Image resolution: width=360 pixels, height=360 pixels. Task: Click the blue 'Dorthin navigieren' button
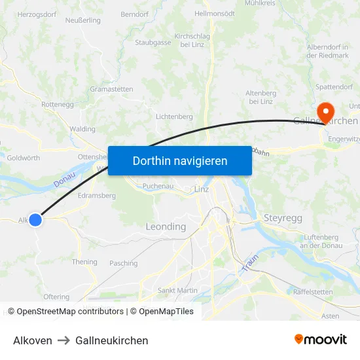[x=179, y=160]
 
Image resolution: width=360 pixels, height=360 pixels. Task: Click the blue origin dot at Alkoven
[x=35, y=220]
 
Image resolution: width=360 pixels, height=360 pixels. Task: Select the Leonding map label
[x=166, y=226]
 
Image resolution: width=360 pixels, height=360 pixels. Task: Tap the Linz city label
[x=202, y=189]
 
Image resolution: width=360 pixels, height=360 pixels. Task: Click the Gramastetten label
[x=111, y=89]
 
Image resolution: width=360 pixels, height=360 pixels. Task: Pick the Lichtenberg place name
[x=174, y=117]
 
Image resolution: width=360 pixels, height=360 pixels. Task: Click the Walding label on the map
[x=82, y=129]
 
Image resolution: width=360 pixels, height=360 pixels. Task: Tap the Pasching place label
[x=124, y=263]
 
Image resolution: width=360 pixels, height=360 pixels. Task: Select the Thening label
[x=84, y=262]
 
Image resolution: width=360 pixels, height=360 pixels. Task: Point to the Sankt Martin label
[x=178, y=290]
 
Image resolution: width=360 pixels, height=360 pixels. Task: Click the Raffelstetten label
[x=313, y=291]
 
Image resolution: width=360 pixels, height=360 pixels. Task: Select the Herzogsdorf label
[x=36, y=14]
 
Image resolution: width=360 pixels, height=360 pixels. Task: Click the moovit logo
[x=320, y=340]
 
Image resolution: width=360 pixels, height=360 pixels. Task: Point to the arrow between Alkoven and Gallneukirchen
[x=63, y=340]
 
